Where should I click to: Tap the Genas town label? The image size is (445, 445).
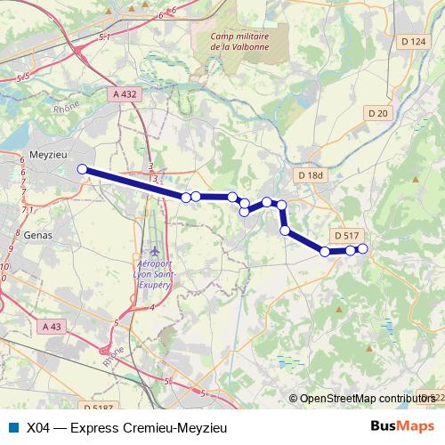[39, 235]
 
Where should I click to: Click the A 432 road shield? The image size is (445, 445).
[125, 93]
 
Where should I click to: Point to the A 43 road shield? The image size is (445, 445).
[54, 327]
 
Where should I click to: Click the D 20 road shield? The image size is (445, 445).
[379, 112]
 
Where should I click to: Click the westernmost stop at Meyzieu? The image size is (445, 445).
[82, 169]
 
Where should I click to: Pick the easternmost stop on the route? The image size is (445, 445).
[362, 247]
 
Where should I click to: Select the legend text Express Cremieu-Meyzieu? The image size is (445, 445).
[139, 428]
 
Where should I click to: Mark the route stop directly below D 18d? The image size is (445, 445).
[282, 206]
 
